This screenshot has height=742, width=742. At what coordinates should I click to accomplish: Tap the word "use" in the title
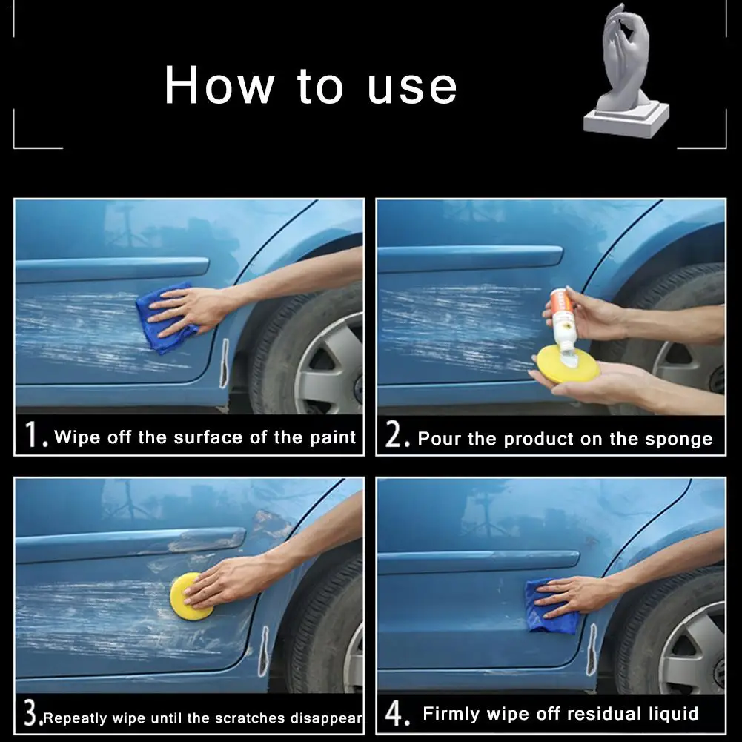412,87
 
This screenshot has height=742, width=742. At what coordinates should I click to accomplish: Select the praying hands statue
626,71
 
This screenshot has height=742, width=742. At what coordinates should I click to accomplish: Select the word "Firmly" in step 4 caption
451,714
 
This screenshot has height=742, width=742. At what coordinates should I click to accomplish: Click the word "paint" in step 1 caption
333,438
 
